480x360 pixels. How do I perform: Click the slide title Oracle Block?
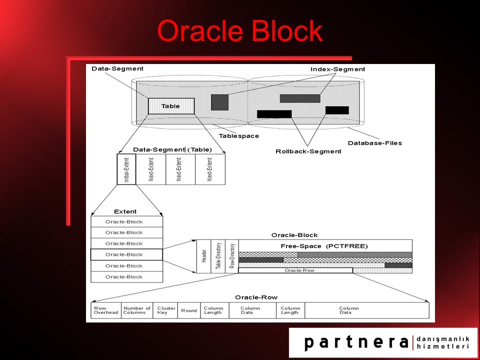click(x=240, y=31)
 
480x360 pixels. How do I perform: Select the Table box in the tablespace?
click(x=171, y=106)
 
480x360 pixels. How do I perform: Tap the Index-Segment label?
click(x=338, y=69)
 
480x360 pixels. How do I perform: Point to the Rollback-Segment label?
click(x=308, y=151)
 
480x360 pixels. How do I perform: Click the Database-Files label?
click(x=374, y=143)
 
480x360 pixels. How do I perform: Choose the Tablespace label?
click(x=239, y=135)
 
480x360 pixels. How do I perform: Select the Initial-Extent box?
click(x=126, y=169)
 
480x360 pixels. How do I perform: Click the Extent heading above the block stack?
click(x=125, y=211)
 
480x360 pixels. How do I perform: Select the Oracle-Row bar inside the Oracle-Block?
click(x=295, y=270)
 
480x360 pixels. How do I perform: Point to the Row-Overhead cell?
click(x=106, y=310)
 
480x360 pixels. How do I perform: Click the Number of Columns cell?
click(x=137, y=310)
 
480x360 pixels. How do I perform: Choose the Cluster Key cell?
click(x=165, y=310)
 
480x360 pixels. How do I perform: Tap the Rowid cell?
click(x=189, y=310)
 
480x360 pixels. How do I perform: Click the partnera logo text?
click(x=356, y=342)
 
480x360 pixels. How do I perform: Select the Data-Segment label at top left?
click(x=117, y=68)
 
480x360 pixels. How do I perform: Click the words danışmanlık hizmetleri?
click(x=442, y=342)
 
